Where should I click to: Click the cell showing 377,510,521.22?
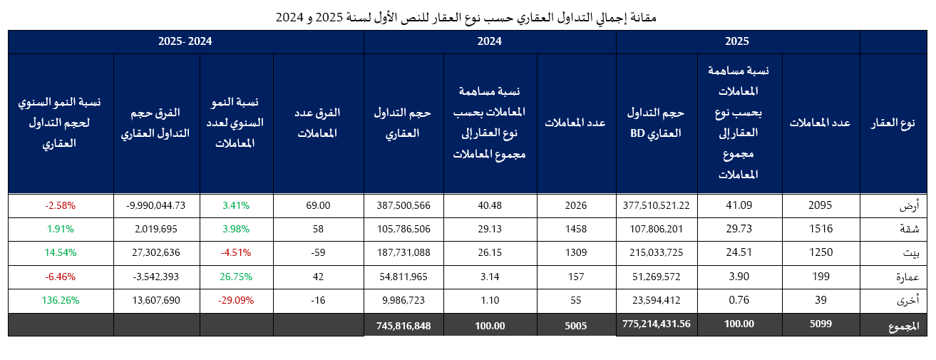[656, 205]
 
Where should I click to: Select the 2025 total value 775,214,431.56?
[656, 324]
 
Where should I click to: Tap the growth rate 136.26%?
[61, 300]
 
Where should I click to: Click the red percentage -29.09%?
[236, 300]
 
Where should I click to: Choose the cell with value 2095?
[821, 205]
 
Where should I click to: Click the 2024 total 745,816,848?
[403, 324]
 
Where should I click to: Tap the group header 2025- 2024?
[185, 41]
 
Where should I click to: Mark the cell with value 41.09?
[739, 205]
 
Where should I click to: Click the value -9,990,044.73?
[156, 205]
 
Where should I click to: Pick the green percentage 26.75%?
[236, 277]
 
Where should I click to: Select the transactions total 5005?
[575, 324]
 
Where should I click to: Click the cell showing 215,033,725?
[656, 253]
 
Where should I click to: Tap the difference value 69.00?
[318, 205]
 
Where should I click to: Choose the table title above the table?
[467, 16]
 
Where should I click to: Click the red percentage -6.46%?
[61, 277]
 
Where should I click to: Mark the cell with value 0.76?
[739, 300]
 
